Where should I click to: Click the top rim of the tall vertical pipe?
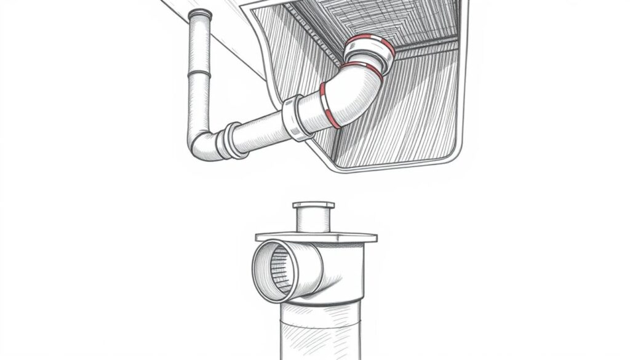pyautogui.click(x=200, y=14)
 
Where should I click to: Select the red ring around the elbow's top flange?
pyautogui.click(x=370, y=44)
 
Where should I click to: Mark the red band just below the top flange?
pyautogui.click(x=362, y=68)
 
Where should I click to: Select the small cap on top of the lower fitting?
pyautogui.click(x=314, y=205)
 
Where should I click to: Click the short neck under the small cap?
pyautogui.click(x=314, y=220)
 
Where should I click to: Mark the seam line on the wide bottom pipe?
pyautogui.click(x=320, y=306)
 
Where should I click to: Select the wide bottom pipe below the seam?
pyautogui.click(x=320, y=335)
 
